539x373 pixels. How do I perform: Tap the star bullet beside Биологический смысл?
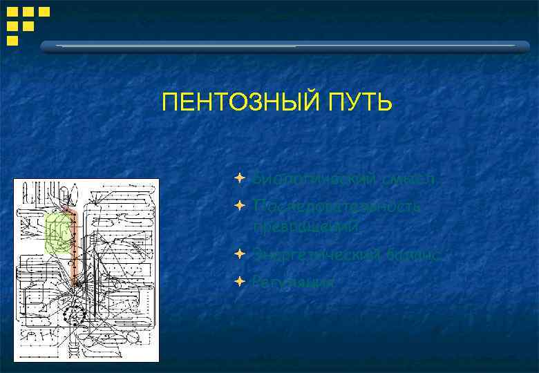tap(238, 179)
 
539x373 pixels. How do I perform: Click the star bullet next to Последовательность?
tap(238, 205)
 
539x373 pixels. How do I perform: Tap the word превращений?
tap(305, 225)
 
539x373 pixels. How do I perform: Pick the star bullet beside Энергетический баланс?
tap(238, 254)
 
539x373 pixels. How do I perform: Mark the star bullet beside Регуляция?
tap(238, 281)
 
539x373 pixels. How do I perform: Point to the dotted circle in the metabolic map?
tap(73, 314)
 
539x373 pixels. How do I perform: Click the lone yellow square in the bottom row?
tap(12, 41)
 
